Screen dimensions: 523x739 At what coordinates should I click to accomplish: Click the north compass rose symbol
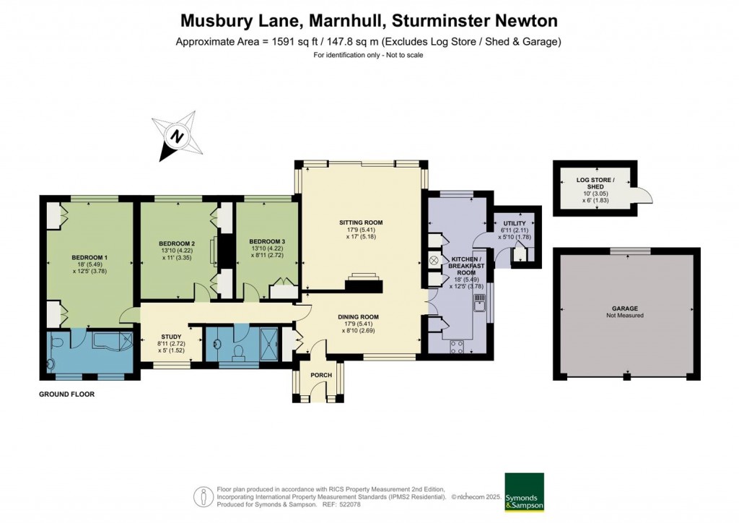coord(176,136)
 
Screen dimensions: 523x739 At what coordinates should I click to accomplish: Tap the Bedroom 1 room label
coord(89,257)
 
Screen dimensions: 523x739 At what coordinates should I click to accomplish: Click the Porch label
coord(320,375)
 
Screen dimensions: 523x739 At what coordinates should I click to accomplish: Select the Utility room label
coord(514,224)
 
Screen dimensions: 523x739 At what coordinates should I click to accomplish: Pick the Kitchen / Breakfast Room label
coord(465,265)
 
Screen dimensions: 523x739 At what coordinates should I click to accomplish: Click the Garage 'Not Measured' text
coord(625,316)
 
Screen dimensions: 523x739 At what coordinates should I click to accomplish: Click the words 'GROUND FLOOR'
coord(67,395)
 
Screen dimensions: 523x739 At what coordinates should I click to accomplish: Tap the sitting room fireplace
coord(363,282)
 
